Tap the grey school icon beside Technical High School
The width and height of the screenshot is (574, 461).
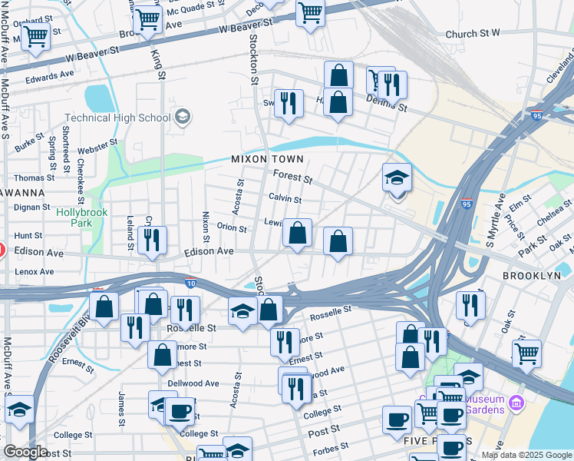click(x=183, y=118)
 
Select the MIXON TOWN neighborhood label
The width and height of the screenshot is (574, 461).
click(x=268, y=159)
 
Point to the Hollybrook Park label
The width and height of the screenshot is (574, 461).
click(x=82, y=217)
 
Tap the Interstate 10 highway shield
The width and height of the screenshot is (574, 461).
click(x=190, y=284)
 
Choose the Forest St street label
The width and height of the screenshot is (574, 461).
click(x=292, y=178)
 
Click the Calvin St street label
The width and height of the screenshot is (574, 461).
click(x=285, y=199)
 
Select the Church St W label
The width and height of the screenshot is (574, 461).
click(x=473, y=34)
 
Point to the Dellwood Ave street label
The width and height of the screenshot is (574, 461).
click(x=193, y=383)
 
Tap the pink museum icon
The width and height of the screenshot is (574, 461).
click(x=516, y=402)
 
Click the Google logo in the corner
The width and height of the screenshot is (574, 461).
click(x=25, y=452)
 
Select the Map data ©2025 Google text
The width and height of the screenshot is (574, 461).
click(x=526, y=455)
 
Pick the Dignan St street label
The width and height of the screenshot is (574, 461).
click(x=31, y=206)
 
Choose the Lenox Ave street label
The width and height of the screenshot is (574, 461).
click(x=34, y=271)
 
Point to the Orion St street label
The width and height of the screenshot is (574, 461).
click(x=231, y=228)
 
